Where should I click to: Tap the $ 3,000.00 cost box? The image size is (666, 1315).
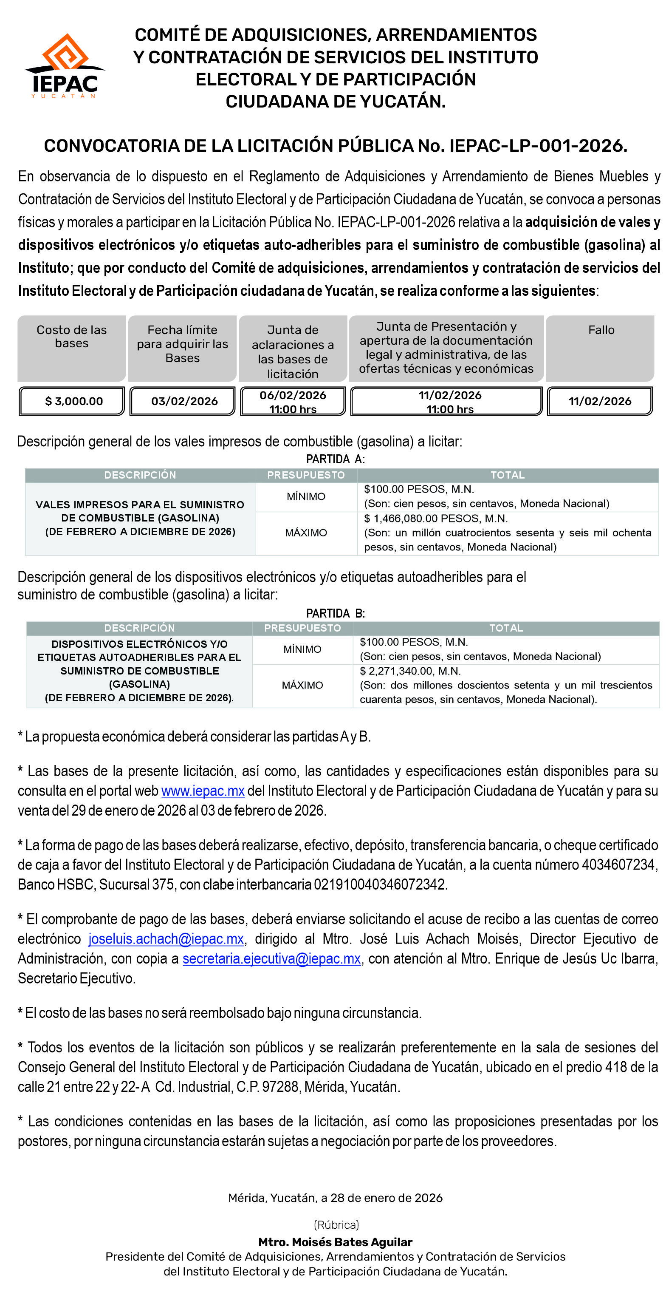72,401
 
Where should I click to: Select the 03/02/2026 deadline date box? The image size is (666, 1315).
183,401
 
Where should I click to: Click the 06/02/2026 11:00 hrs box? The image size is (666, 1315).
293,401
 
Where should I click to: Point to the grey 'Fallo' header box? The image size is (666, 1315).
600,348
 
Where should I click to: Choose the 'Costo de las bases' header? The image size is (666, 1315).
71,348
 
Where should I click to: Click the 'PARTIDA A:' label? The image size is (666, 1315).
335,459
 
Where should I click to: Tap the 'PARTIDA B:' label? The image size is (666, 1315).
335,613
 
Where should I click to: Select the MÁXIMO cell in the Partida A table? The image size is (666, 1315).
306,533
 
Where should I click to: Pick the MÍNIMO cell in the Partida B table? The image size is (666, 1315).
302,649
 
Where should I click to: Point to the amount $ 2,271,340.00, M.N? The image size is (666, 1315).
410,671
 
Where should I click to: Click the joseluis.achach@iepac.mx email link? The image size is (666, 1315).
166,939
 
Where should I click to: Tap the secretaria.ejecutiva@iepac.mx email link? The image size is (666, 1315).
271,959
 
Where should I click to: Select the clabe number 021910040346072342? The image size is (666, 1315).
380,884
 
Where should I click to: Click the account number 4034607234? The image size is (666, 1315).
618,865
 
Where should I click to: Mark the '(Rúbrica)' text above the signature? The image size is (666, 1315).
336,1224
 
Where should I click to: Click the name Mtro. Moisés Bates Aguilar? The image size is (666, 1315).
335,1242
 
